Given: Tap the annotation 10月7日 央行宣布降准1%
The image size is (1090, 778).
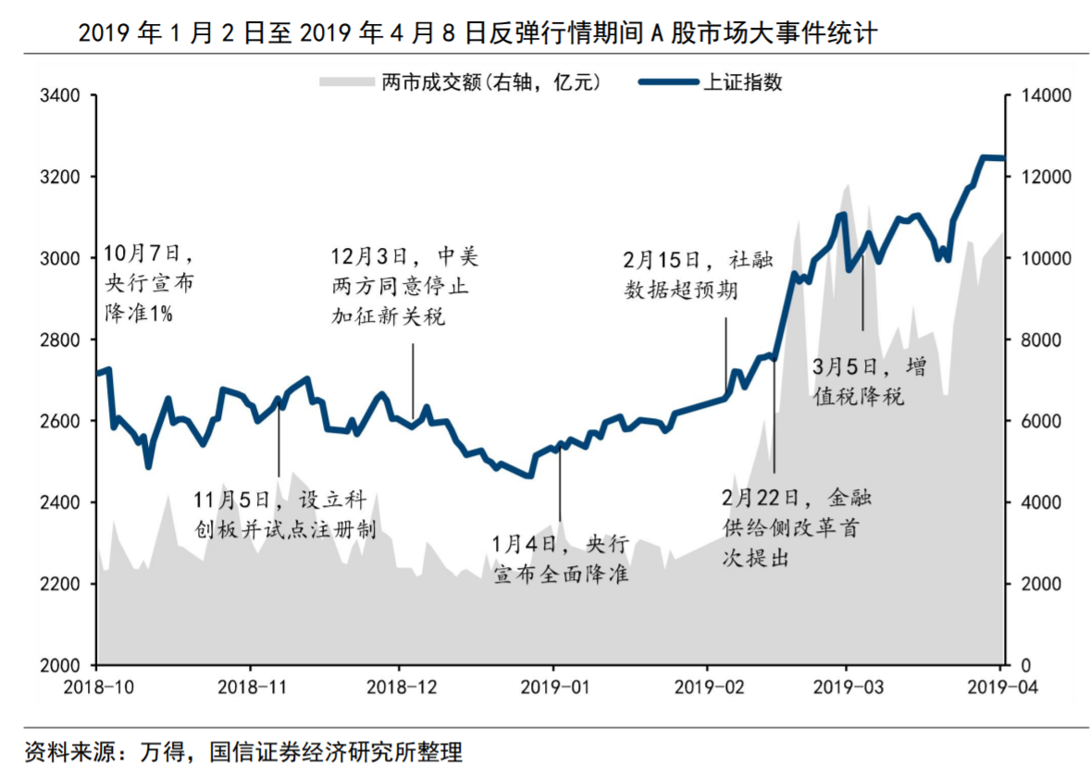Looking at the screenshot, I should pyautogui.click(x=148, y=282).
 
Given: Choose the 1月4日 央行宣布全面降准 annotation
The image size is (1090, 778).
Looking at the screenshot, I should pyautogui.click(x=561, y=558).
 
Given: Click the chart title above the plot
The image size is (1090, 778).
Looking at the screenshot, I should pyautogui.click(x=477, y=33).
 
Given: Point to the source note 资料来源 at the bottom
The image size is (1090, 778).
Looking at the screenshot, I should pyautogui.click(x=243, y=751).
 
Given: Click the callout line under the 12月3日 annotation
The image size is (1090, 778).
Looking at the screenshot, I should pyautogui.click(x=413, y=379).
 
